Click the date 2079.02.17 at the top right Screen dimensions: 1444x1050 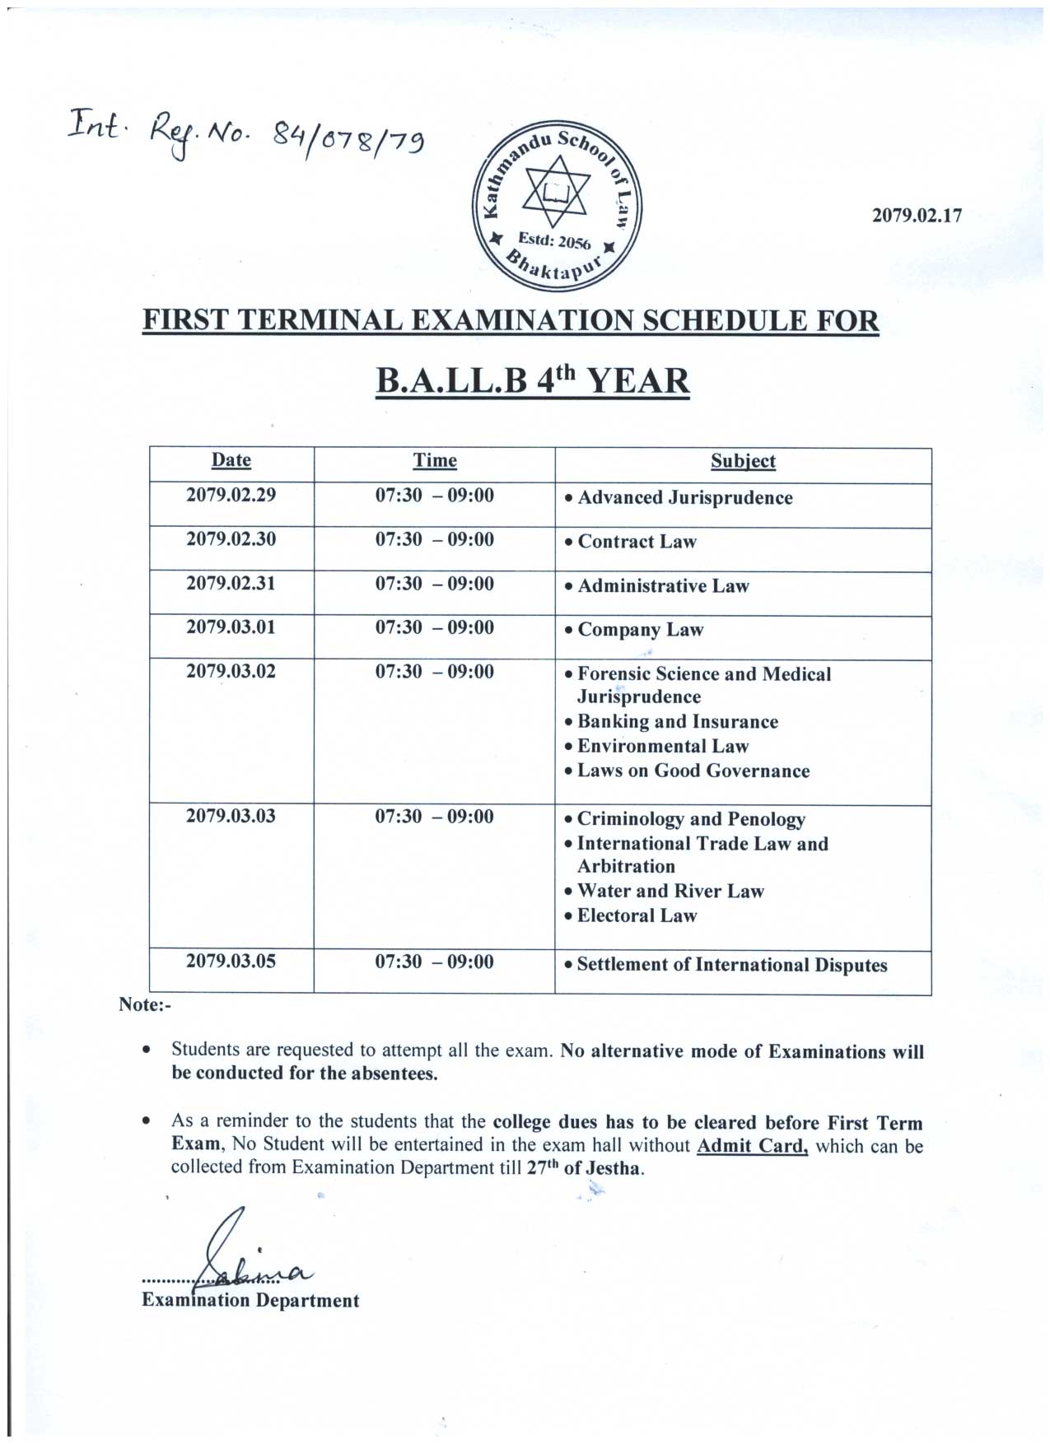917,217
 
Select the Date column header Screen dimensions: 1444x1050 231,460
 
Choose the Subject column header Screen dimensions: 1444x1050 743,461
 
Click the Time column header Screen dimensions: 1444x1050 435,461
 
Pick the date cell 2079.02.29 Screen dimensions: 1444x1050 231,496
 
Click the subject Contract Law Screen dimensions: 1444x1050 637,542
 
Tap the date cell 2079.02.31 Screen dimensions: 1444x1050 231,584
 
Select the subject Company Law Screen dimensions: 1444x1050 640,630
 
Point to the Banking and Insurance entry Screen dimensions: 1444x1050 677,722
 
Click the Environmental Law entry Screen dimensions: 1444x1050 662,747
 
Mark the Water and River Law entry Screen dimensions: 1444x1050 670,892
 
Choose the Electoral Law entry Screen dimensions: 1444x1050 637,916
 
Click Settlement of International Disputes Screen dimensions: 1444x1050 731,965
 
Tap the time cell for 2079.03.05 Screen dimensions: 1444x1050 435,962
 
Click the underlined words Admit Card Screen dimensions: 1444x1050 752,1145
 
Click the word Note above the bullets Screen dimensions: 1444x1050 142,1004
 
